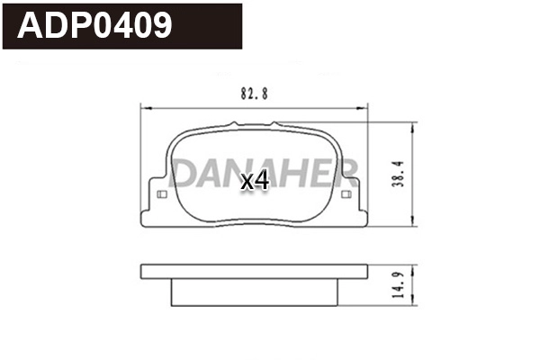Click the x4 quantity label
tap(256, 181)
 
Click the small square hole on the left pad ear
tap(162, 195)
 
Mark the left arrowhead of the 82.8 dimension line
tap(146, 108)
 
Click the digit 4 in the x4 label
tap(262, 181)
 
